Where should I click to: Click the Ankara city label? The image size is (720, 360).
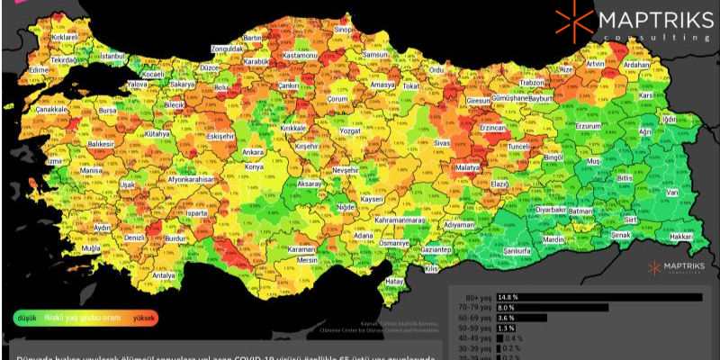pos(253,152)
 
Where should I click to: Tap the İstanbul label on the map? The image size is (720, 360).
pos(112,56)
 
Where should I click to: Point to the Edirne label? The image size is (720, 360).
pos(38,69)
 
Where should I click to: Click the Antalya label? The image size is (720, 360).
pos(163,275)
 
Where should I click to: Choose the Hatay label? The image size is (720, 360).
pos(394,281)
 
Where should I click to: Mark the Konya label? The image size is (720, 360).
pos(255,167)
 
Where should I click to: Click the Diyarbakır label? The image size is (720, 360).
pos(551,209)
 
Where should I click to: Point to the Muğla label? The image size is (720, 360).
pos(91,247)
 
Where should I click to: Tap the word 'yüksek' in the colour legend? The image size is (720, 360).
pos(147,317)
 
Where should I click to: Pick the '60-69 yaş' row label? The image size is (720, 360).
pos(472,318)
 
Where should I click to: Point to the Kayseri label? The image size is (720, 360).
pos(372,199)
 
